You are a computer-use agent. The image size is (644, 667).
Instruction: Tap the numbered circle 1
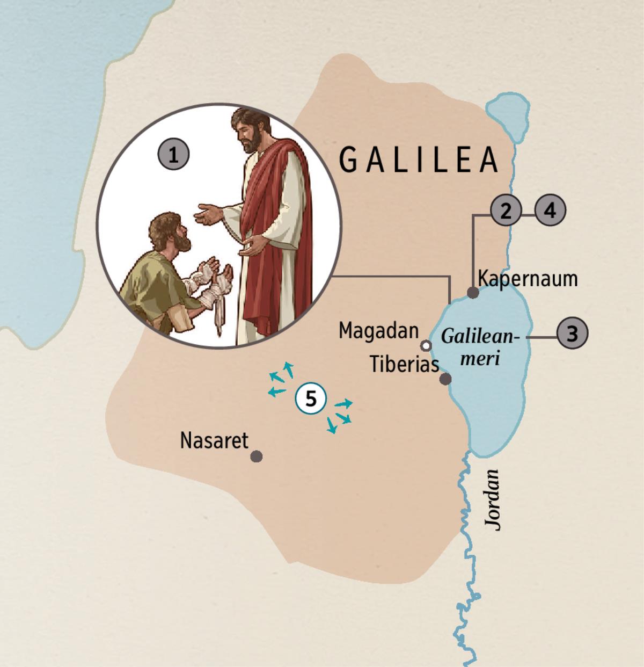(x=173, y=155)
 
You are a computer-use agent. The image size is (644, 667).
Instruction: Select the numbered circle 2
(x=505, y=211)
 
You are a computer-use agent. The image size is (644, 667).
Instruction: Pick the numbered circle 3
(x=550, y=211)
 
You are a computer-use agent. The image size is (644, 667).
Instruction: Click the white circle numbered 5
(x=311, y=399)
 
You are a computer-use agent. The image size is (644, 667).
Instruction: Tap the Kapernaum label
(x=528, y=279)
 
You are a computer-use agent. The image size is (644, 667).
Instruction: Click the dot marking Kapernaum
(x=473, y=293)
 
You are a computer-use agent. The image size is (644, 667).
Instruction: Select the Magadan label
(x=378, y=331)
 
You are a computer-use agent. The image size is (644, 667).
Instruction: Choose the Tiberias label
(x=404, y=365)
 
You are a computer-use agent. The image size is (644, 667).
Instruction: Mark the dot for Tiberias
(x=445, y=379)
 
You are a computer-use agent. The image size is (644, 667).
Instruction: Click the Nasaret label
(x=214, y=440)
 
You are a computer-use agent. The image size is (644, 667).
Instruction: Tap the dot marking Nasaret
(x=257, y=456)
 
